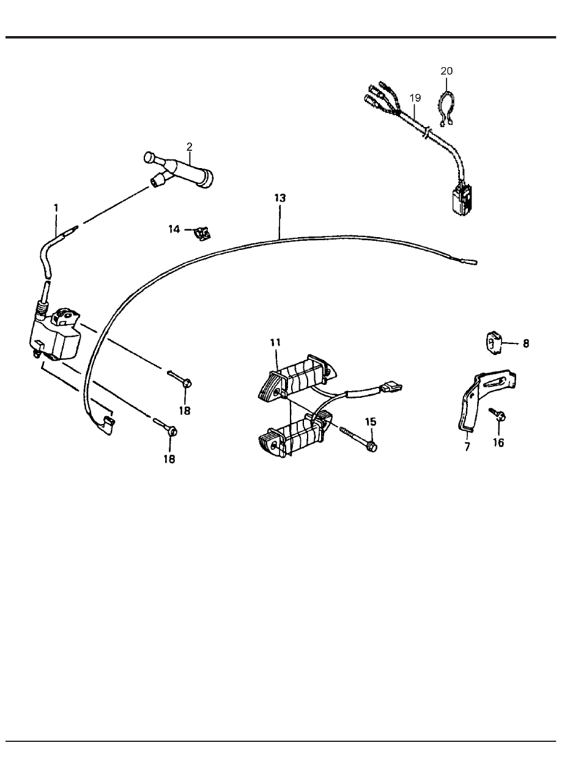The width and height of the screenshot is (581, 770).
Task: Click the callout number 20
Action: (446, 71)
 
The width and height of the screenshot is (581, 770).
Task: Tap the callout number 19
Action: (415, 98)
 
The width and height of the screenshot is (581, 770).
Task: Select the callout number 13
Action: (279, 198)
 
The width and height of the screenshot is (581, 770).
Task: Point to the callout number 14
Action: (174, 229)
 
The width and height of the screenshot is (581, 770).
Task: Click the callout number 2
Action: (189, 147)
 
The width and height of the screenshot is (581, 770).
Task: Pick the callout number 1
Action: (56, 208)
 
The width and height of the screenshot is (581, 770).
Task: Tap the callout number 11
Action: (275, 342)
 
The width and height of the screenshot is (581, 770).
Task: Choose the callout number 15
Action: (371, 422)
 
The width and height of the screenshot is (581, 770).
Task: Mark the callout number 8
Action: (525, 343)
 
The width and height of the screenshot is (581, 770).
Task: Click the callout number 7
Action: (467, 447)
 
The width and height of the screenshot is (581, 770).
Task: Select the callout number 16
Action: (498, 442)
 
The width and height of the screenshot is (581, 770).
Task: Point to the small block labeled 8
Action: (493, 343)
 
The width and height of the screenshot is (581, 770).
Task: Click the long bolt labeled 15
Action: (358, 439)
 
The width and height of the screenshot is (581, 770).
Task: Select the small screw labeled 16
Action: (497, 414)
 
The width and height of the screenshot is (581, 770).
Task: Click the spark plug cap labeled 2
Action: (179, 169)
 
